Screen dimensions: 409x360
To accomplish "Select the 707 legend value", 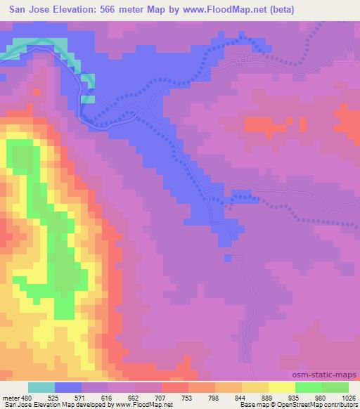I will pyautogui.click(x=161, y=397).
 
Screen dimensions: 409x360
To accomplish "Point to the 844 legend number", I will pyautogui.click(x=241, y=397).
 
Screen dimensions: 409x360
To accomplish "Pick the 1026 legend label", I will pyautogui.click(x=348, y=397).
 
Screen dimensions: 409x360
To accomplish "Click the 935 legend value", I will pyautogui.click(x=295, y=397).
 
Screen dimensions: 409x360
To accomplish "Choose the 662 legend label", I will pyautogui.click(x=136, y=397).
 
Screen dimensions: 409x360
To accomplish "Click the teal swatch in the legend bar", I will pyautogui.click(x=41, y=387).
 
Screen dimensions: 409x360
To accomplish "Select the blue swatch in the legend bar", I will pyautogui.click(x=68, y=387).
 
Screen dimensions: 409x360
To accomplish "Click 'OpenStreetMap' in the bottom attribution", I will pyautogui.click(x=296, y=405).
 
